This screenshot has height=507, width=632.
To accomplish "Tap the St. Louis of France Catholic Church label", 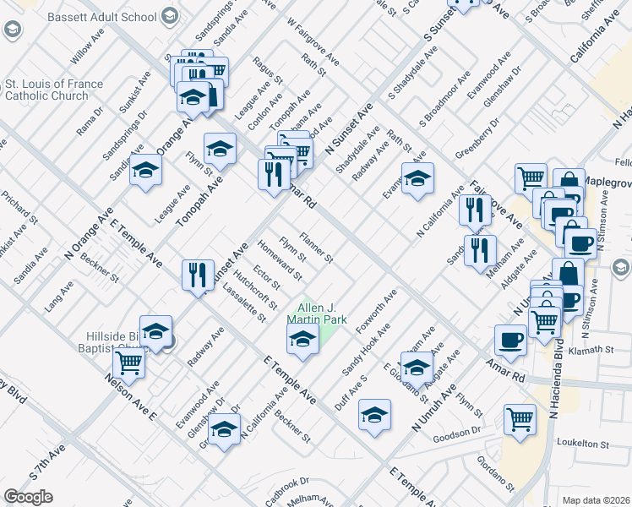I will click(54, 90).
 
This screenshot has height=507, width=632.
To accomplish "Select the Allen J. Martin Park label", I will click(317, 314).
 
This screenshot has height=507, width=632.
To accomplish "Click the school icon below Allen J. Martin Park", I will click(302, 340).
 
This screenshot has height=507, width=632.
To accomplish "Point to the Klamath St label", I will click(590, 350).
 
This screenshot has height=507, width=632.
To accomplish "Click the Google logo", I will click(28, 497).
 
